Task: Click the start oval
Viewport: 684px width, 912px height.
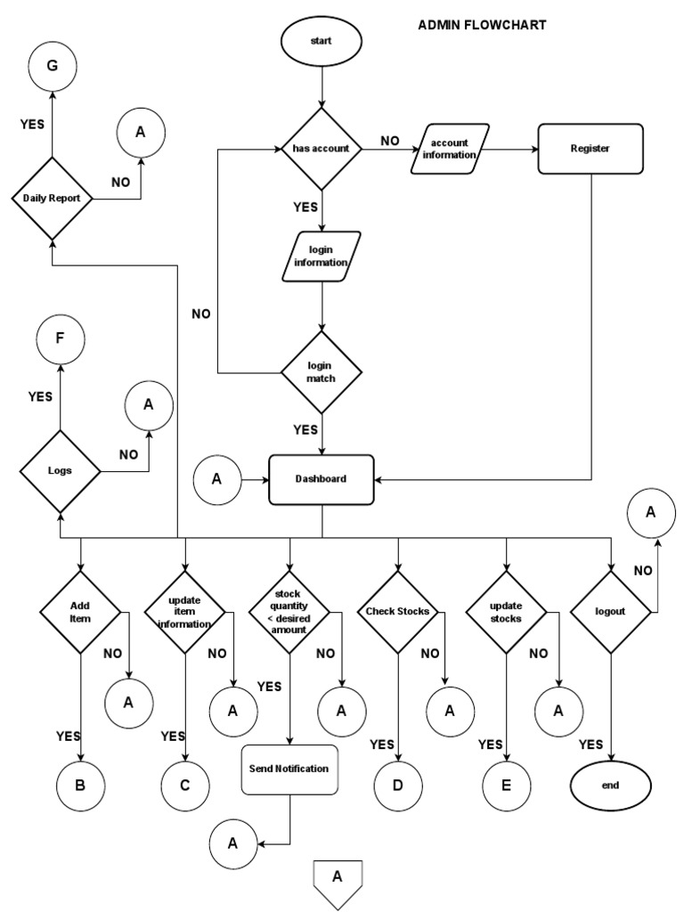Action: coord(322,41)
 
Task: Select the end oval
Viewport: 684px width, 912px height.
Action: coord(610,786)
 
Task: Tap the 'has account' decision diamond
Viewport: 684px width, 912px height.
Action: coord(322,149)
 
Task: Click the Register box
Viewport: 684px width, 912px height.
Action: coord(590,149)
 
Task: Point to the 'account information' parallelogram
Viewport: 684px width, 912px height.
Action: coord(450,149)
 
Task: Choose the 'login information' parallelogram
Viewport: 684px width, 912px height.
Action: coord(322,256)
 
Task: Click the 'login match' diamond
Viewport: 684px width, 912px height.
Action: coord(322,372)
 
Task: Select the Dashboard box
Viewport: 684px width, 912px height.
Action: coord(322,479)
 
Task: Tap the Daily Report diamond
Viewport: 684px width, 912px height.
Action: coord(53,199)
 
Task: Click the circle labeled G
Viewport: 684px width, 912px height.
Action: coord(53,66)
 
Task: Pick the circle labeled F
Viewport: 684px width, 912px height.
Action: coord(60,339)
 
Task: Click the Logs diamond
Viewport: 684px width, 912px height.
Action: coord(60,470)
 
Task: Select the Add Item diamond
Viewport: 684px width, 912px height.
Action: coord(81,612)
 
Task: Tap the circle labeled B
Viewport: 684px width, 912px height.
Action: coord(81,786)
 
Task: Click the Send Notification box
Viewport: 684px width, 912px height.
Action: coord(289,769)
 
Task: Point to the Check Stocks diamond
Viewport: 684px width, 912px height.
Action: coord(398,612)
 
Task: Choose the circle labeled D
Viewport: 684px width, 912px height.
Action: coord(398,786)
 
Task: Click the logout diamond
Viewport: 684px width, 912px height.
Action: coord(610,612)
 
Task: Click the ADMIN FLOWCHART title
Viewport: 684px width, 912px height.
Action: coord(482,25)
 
